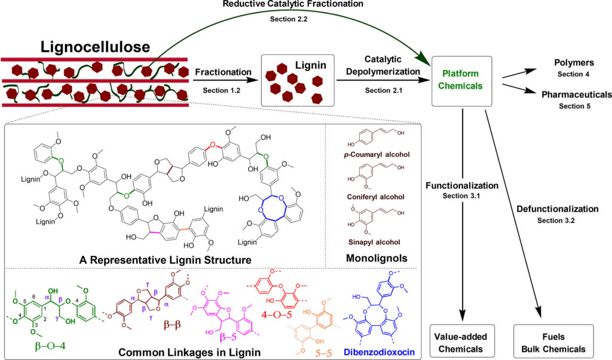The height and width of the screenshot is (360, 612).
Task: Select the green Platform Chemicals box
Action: point(461,80)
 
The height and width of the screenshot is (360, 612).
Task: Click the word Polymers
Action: point(565,63)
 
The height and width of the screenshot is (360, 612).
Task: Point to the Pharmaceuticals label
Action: point(576,94)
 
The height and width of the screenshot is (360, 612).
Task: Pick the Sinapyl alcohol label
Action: point(374,241)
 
